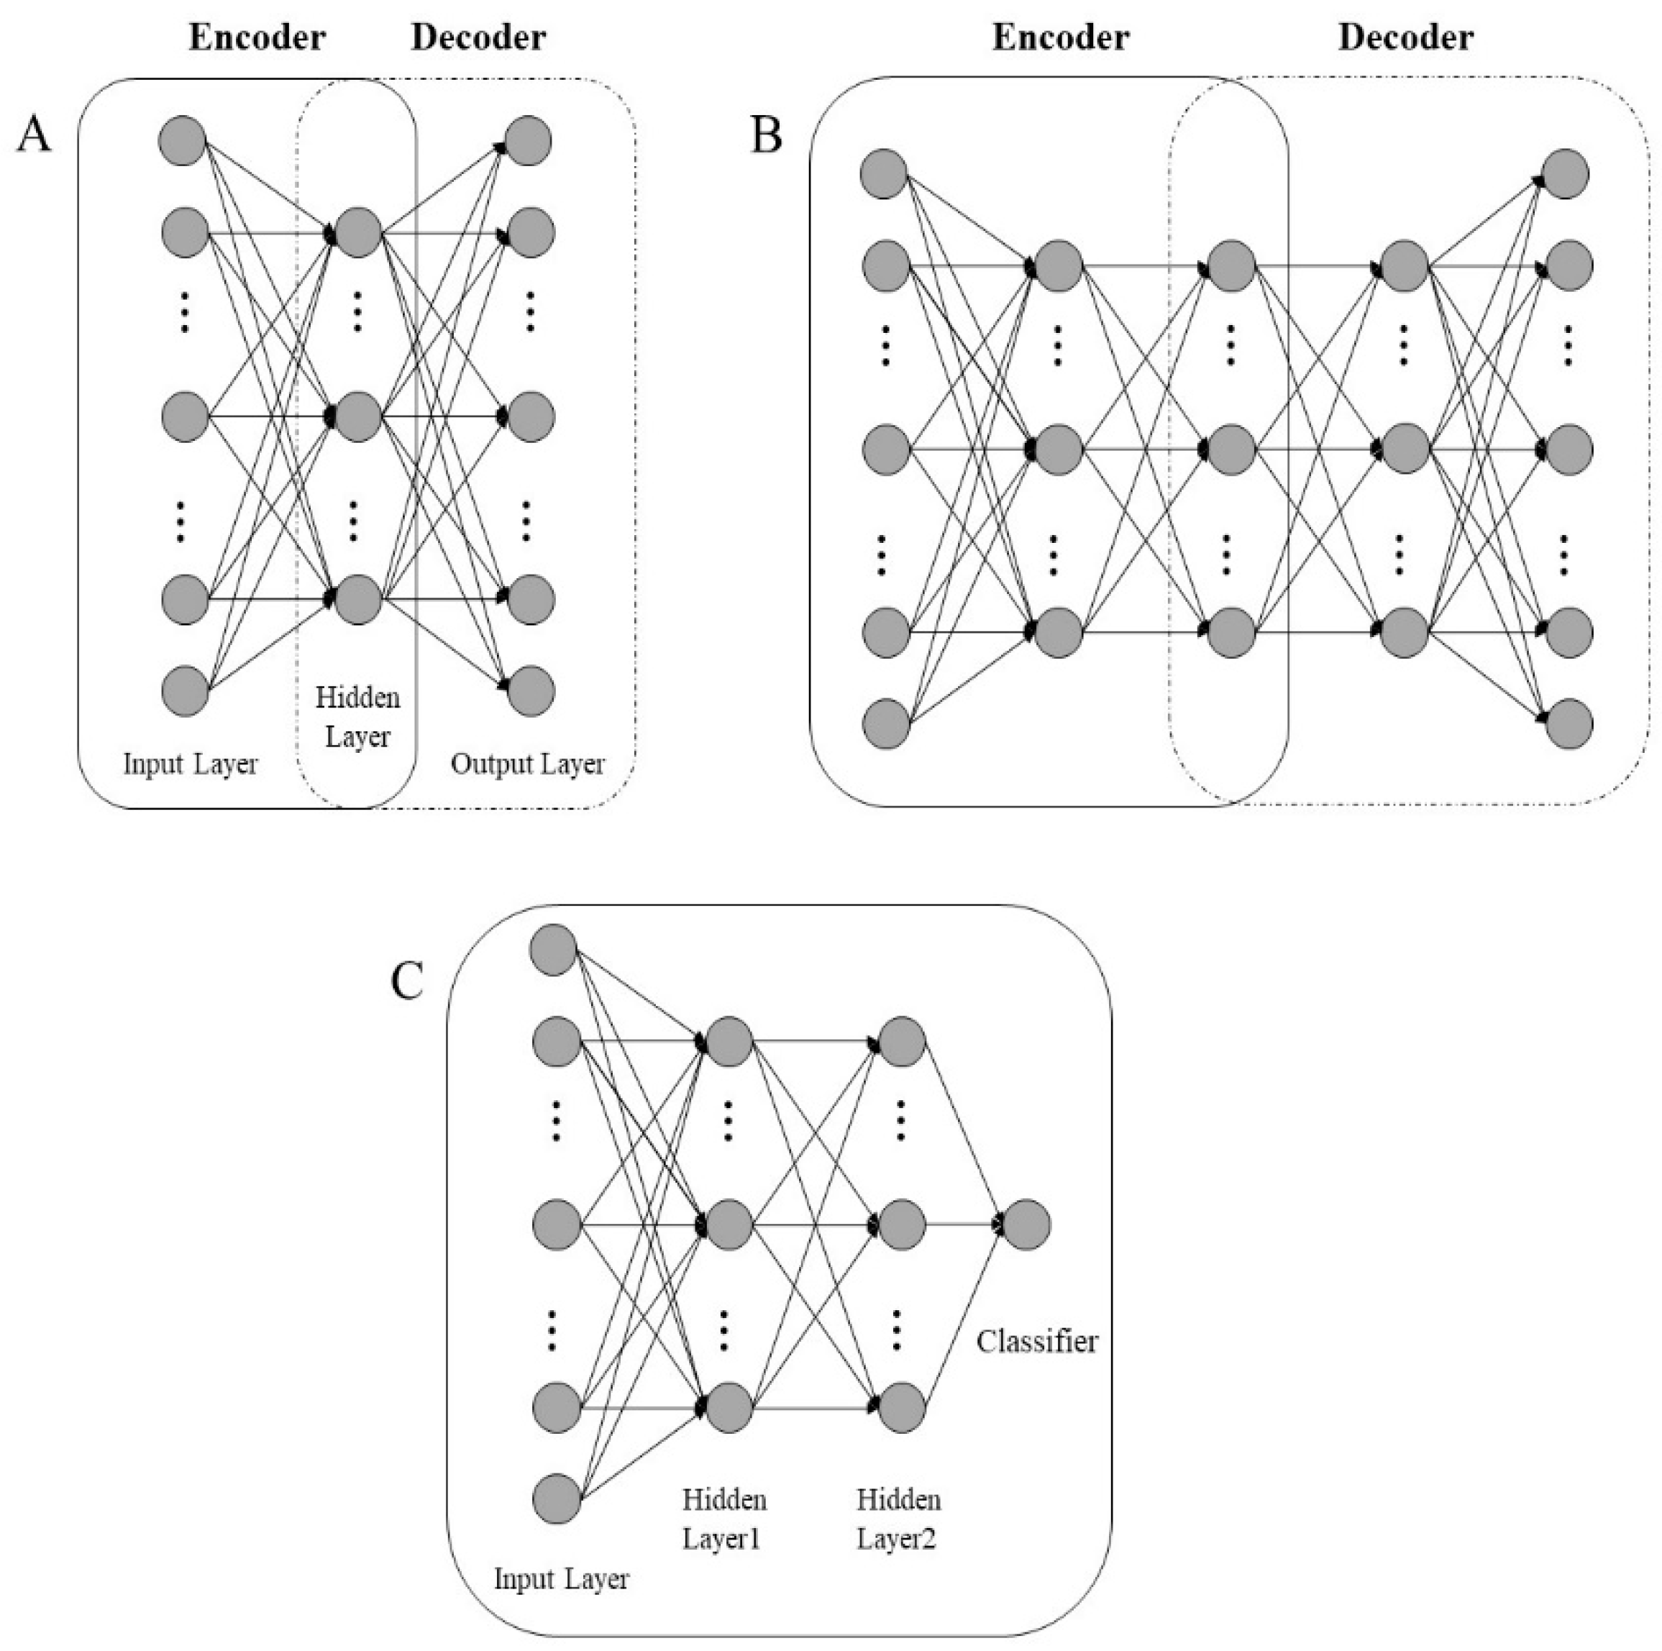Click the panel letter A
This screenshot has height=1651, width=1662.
coord(34,134)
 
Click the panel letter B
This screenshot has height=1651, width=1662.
coord(766,134)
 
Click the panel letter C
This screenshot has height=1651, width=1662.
coord(407,980)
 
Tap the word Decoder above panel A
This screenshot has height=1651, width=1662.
coord(478,38)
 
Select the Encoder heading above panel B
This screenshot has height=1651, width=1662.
coord(1060,38)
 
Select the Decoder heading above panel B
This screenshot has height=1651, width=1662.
coord(1406,38)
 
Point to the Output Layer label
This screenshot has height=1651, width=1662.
coord(527,763)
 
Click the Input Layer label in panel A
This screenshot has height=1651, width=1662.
coord(190,763)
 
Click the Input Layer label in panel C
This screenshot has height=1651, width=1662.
coord(561,1578)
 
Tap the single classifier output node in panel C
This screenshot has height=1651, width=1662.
coord(1026,1225)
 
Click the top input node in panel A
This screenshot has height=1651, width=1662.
coord(183,140)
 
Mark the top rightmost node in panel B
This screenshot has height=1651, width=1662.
coord(1566,175)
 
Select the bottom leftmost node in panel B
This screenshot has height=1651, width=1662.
coord(886,723)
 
